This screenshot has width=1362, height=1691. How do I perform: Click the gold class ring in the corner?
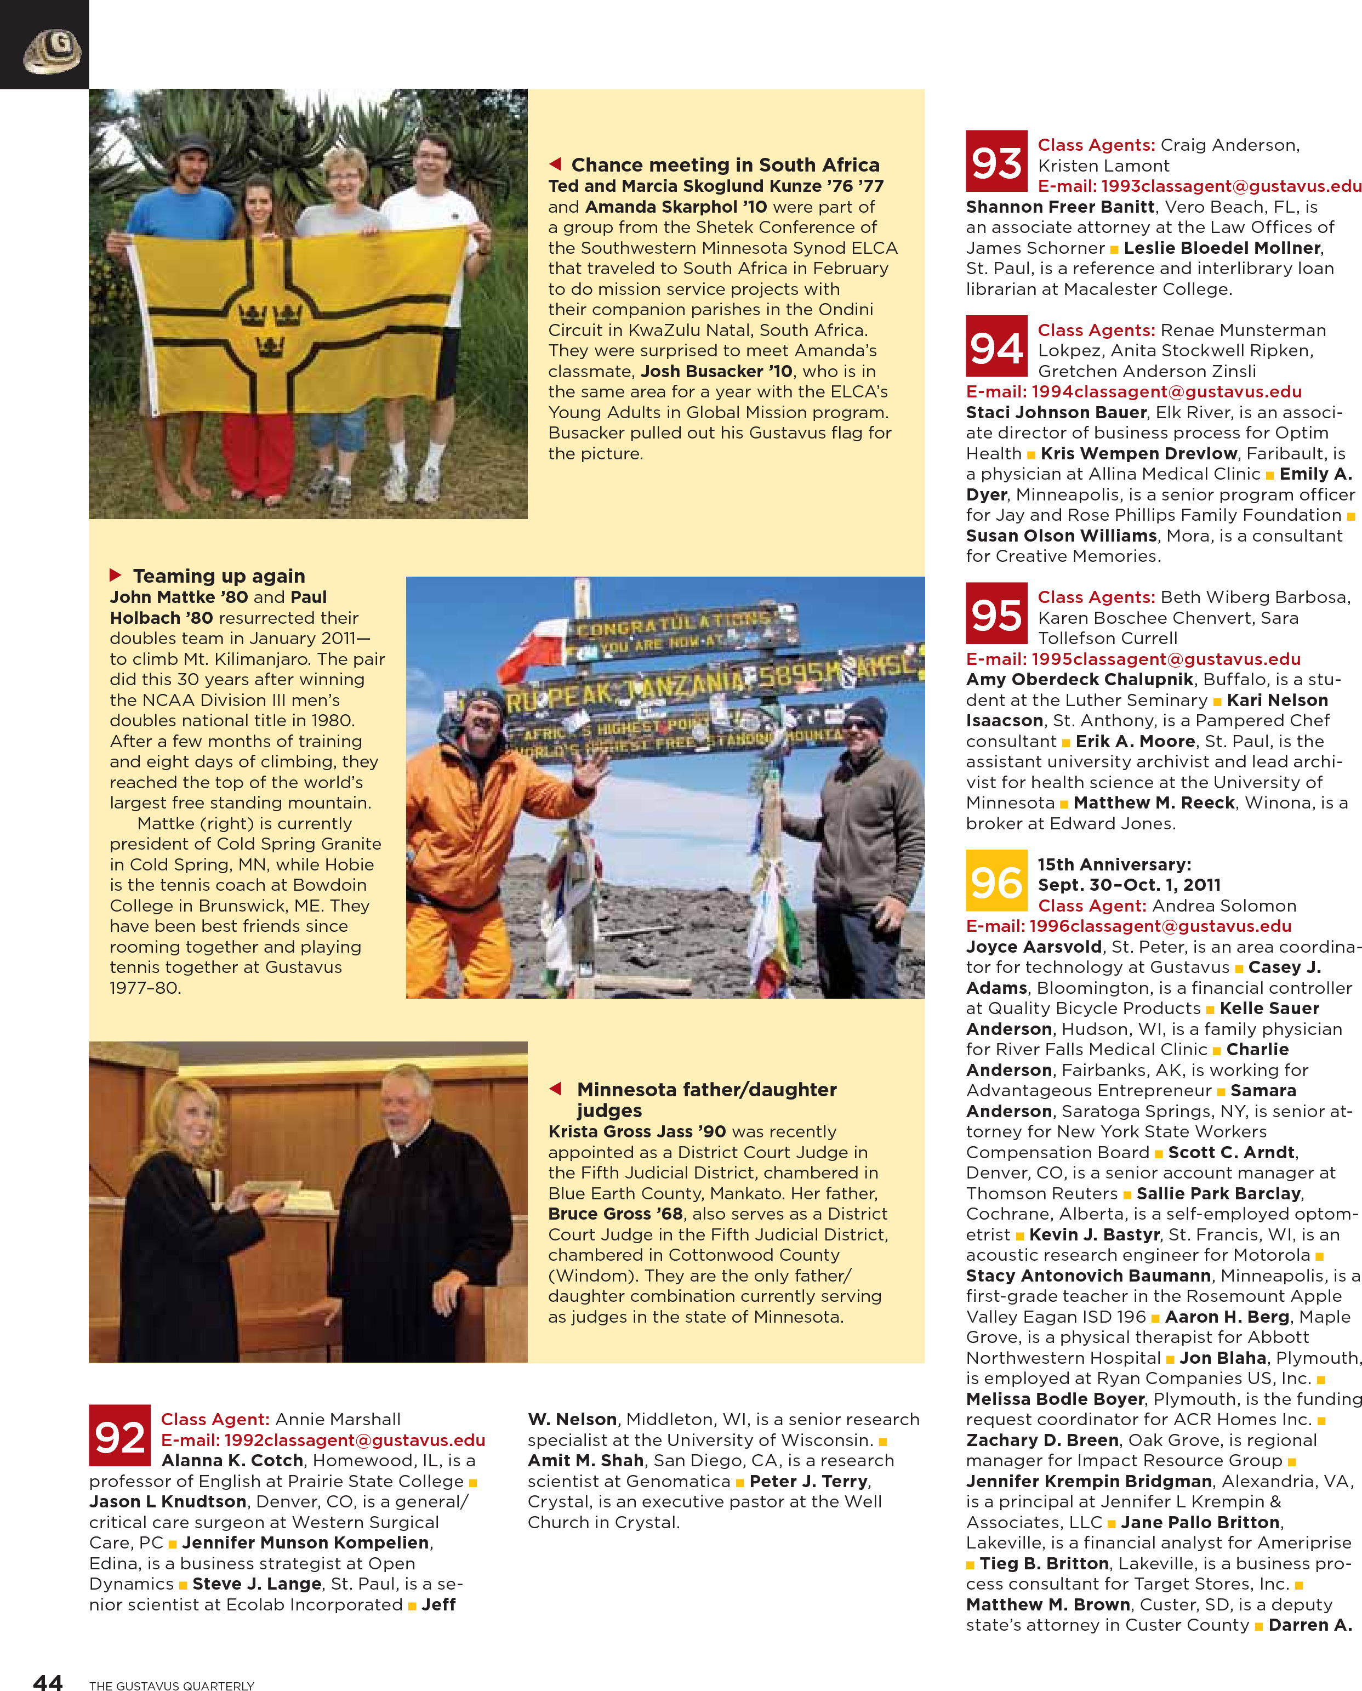point(52,51)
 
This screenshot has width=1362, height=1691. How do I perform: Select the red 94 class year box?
point(996,346)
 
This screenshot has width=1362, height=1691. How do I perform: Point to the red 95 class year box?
point(996,613)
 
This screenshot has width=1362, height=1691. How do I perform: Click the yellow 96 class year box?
point(996,880)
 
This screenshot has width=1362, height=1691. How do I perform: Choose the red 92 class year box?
point(119,1435)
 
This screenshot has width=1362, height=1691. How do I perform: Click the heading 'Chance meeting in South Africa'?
point(725,165)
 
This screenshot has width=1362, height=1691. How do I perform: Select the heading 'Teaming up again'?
point(219,576)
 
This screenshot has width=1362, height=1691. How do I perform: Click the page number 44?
point(48,1682)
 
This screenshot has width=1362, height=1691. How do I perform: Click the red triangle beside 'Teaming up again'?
point(115,575)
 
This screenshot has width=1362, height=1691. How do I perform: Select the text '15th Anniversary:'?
point(1114,864)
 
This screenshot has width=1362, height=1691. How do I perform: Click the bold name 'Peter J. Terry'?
point(809,1481)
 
